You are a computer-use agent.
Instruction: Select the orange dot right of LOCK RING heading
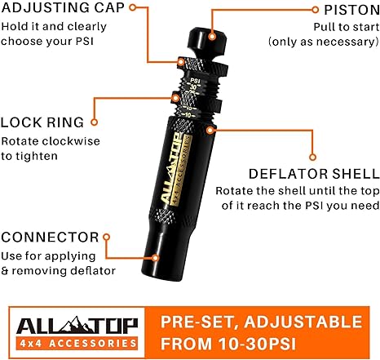tap(93, 122)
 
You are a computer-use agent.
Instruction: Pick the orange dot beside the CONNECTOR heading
tap(107, 238)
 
